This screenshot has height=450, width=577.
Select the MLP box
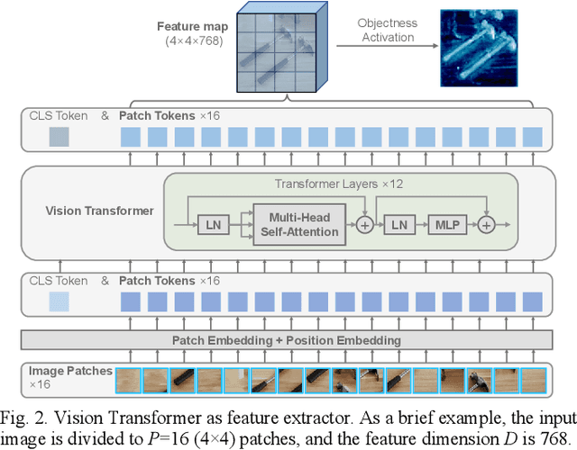tap(448, 224)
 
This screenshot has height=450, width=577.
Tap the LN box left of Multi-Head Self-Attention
tap(213, 224)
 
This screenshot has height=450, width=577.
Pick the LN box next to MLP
tap(398, 224)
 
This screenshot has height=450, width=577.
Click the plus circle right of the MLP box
tap(487, 224)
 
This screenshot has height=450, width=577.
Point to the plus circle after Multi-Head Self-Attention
tap(364, 224)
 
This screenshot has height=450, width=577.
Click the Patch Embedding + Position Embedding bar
tap(287, 340)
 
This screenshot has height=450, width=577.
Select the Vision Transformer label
tap(99, 211)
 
